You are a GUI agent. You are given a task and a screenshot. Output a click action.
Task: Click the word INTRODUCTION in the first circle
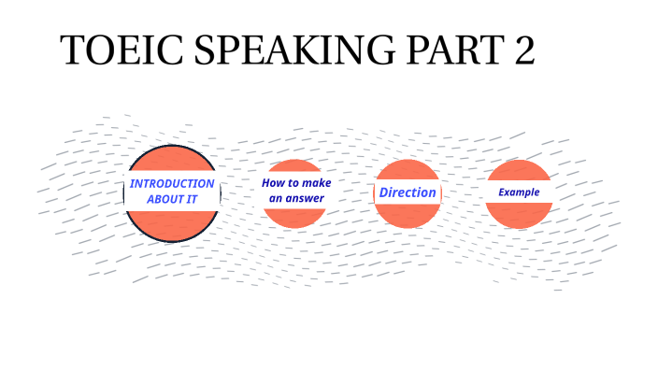(172, 183)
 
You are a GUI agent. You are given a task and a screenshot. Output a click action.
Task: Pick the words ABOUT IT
(172, 200)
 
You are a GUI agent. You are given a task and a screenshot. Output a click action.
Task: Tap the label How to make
(296, 182)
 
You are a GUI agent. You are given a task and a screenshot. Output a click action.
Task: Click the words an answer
(296, 199)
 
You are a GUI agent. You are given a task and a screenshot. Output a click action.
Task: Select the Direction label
(408, 192)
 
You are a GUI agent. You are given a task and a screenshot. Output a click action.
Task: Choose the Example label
(519, 192)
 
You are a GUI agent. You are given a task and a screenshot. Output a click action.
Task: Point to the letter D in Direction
(383, 192)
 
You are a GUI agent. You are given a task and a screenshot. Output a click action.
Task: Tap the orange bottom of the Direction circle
(408, 214)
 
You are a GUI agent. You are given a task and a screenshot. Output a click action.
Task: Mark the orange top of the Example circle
(519, 170)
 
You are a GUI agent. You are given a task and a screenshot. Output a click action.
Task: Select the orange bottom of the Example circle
(519, 215)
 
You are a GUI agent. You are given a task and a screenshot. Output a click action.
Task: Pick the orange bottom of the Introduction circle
(172, 224)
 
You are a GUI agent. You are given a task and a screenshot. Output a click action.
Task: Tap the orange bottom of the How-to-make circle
(294, 216)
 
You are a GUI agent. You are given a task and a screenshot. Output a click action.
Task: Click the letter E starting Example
(501, 192)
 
